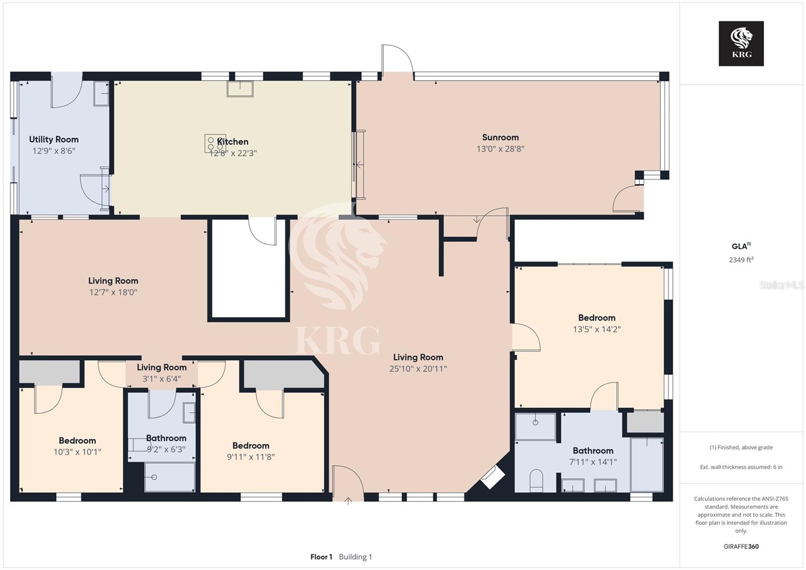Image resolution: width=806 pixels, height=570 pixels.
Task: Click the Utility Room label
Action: (53, 139)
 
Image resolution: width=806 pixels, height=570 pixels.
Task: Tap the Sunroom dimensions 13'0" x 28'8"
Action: (500, 149)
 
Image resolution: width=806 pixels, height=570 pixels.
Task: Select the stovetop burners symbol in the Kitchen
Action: (215, 143)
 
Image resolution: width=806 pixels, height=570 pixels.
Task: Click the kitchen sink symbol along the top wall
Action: (240, 89)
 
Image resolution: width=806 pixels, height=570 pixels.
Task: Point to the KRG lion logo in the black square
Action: (741, 43)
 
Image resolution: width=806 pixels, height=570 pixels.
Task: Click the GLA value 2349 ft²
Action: (741, 260)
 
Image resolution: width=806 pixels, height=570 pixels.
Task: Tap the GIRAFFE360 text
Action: (741, 546)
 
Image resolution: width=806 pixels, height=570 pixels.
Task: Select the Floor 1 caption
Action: (321, 557)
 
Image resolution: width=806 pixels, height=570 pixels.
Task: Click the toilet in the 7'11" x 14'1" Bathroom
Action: (536, 480)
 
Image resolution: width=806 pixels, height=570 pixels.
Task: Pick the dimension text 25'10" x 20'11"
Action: (418, 369)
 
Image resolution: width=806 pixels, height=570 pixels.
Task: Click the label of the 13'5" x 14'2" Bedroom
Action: (596, 318)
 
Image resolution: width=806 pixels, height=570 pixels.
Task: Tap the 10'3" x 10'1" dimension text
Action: (78, 452)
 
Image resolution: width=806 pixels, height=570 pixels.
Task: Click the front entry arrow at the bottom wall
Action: (348, 500)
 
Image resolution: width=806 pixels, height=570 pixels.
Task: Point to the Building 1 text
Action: (355, 557)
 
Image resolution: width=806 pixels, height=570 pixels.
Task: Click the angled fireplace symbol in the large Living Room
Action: (493, 477)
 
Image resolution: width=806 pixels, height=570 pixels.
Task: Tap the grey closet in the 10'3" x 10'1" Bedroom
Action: (49, 372)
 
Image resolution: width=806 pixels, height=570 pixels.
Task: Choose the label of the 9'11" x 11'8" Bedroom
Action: (251, 446)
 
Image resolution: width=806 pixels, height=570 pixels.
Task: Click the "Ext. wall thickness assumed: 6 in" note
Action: (741, 467)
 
